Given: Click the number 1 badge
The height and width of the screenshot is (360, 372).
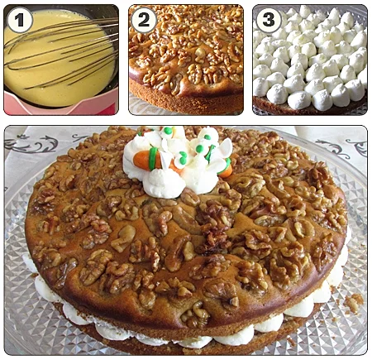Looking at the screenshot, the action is pos(19,20).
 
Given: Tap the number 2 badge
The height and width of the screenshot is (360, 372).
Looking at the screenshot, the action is pos(144,20).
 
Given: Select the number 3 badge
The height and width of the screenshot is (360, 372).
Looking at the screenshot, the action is pos(269,20).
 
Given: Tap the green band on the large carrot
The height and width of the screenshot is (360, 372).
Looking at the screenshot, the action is pos(153,159).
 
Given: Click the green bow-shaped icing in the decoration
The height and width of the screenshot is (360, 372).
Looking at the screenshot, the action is pos(182,159).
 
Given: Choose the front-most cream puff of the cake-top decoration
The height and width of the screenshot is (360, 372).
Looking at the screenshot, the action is pos(163,183).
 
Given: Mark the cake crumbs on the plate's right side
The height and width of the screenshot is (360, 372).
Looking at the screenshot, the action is pos(353,301).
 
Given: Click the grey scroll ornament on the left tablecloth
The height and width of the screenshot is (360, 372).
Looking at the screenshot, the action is pos(31,143).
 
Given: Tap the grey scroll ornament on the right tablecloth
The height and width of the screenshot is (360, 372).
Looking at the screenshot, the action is pos(341,146).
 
